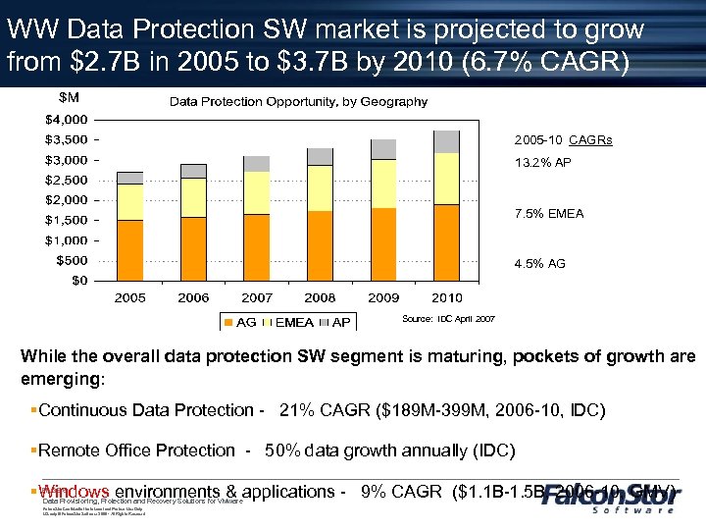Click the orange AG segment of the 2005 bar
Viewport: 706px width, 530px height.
[130, 249]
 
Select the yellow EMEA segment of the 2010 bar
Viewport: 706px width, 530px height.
[447, 179]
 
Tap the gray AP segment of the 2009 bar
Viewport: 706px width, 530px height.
[383, 149]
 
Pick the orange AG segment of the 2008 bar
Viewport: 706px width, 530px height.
[321, 245]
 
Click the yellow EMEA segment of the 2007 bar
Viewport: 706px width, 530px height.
[257, 193]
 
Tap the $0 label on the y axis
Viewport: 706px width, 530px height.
[79, 281]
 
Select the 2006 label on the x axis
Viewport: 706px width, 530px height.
[193, 296]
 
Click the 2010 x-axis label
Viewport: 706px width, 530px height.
[446, 296]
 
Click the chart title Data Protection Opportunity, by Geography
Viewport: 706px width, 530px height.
[300, 101]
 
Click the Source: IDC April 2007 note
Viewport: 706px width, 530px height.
[449, 319]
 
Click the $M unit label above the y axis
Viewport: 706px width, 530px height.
[70, 97]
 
